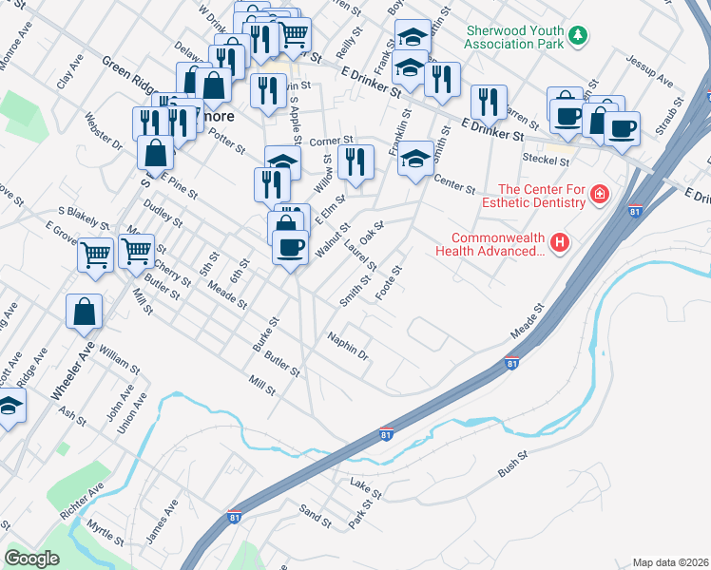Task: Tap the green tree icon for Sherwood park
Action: click(578, 36)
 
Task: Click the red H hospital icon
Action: click(560, 244)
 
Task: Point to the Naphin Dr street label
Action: click(347, 346)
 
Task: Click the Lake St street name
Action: click(365, 489)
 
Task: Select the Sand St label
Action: click(316, 515)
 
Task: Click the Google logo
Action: click(32, 559)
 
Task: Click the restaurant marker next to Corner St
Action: click(355, 162)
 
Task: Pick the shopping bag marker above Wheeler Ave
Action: click(85, 311)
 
